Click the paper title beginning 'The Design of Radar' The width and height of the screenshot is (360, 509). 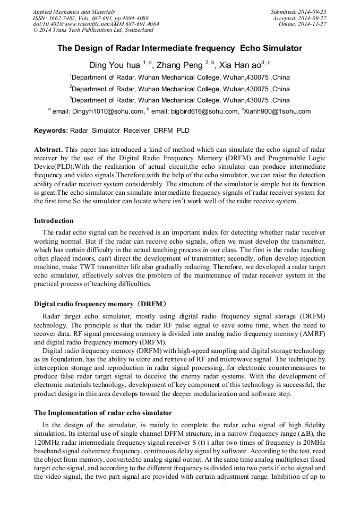click(x=179, y=48)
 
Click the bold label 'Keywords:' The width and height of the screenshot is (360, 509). click(x=51, y=131)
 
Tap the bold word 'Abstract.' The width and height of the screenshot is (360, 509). click(x=49, y=150)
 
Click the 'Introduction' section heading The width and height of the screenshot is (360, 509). click(x=54, y=221)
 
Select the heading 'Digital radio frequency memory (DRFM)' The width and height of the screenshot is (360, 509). click(x=100, y=304)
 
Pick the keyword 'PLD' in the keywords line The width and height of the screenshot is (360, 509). click(x=183, y=131)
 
